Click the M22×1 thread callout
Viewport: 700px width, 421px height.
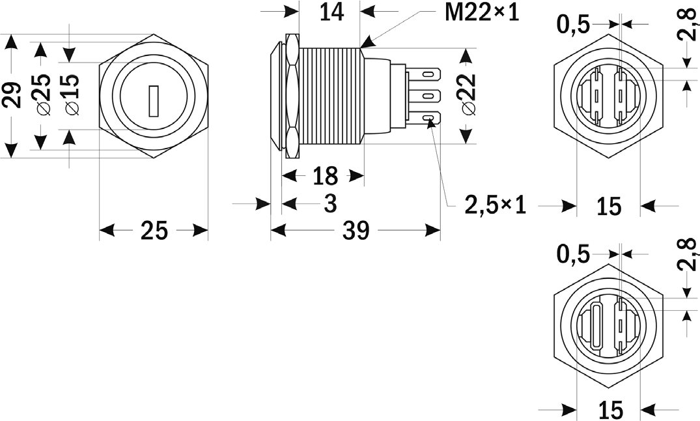pyautogui.click(x=482, y=12)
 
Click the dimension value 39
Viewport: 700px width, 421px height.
pyautogui.click(x=356, y=230)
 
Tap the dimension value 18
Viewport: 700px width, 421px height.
pyautogui.click(x=324, y=175)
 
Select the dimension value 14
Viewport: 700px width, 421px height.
pyautogui.click(x=331, y=12)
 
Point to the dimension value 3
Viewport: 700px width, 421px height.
pyautogui.click(x=330, y=204)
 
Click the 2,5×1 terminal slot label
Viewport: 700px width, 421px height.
pyautogui.click(x=495, y=205)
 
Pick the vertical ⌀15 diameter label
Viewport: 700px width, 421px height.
pyautogui.click(x=70, y=94)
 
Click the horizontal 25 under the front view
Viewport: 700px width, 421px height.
pyautogui.click(x=154, y=231)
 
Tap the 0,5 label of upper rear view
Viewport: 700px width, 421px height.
pyautogui.click(x=574, y=24)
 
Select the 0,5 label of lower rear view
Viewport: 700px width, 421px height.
pyautogui.click(x=574, y=254)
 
